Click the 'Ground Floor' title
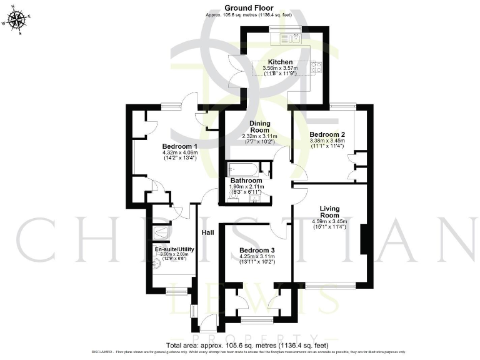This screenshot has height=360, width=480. coord(239,8)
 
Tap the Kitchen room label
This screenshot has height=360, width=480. coord(278,62)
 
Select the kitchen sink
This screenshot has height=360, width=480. coord(295,39)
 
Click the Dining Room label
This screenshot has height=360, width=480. coord(259,127)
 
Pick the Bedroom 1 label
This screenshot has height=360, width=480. coord(180,146)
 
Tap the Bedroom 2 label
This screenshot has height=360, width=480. coord(327,134)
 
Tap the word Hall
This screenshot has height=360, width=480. coord(208,232)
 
